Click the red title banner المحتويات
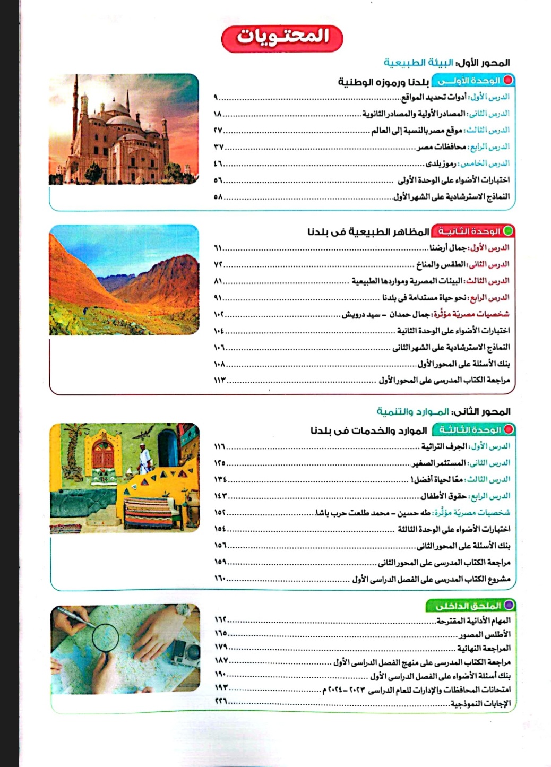[x=282, y=37]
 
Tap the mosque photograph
[x=124, y=129]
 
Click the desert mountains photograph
[x=124, y=280]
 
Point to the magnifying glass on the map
[x=105, y=637]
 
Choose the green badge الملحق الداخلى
[x=470, y=606]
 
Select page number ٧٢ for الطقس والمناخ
[x=218, y=264]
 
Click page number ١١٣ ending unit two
[x=220, y=381]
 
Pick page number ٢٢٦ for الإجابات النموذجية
[x=220, y=701]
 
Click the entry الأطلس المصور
[x=485, y=634]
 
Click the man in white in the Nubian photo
[x=143, y=458]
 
